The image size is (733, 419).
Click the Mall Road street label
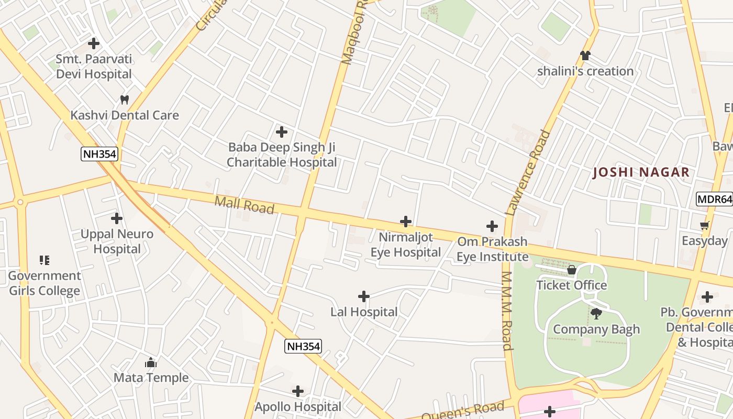coord(245,205)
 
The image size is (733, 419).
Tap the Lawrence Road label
coord(529,173)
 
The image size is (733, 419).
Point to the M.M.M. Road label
coord(506,311)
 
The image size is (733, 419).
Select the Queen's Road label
coord(462,410)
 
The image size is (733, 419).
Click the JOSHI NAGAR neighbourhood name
coord(641,172)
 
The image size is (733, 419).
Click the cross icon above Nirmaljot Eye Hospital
coord(406,222)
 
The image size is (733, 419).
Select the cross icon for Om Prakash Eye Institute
coord(492,226)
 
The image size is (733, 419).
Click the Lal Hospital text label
coord(364,312)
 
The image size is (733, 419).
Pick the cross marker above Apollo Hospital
coord(298,391)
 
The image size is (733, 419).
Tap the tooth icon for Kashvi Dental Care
coord(125,100)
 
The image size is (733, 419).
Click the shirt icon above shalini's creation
coord(585,56)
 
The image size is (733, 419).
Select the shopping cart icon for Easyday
coord(705,226)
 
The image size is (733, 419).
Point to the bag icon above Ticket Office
coord(572,270)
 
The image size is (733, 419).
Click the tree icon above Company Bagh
coord(596,314)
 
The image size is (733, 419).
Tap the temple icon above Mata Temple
coord(151,362)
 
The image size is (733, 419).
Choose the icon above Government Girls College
coord(45,260)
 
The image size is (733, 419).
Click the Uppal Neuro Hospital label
coord(117,241)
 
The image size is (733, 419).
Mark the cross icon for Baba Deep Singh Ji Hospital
coord(282,131)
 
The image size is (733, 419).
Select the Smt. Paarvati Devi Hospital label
coord(94,67)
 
